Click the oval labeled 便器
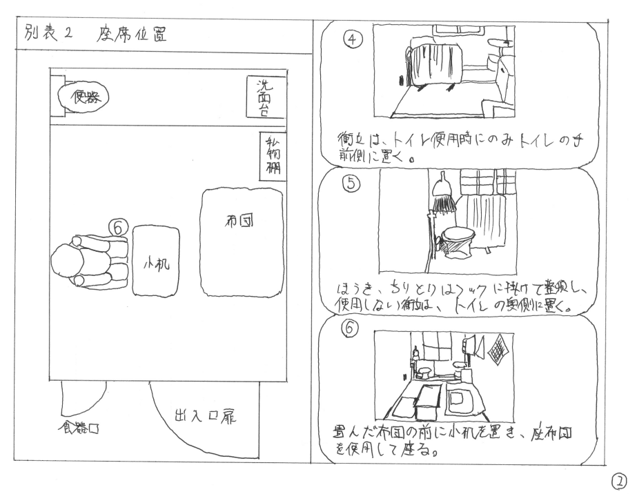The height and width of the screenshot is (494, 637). click(x=83, y=98)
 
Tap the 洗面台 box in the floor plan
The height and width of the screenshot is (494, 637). click(x=263, y=95)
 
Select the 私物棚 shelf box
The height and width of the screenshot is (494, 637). click(x=271, y=155)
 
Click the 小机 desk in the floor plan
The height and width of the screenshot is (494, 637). click(x=155, y=262)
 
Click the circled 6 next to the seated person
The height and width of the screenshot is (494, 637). click(x=119, y=226)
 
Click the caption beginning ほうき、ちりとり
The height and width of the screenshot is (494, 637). click(x=455, y=296)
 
